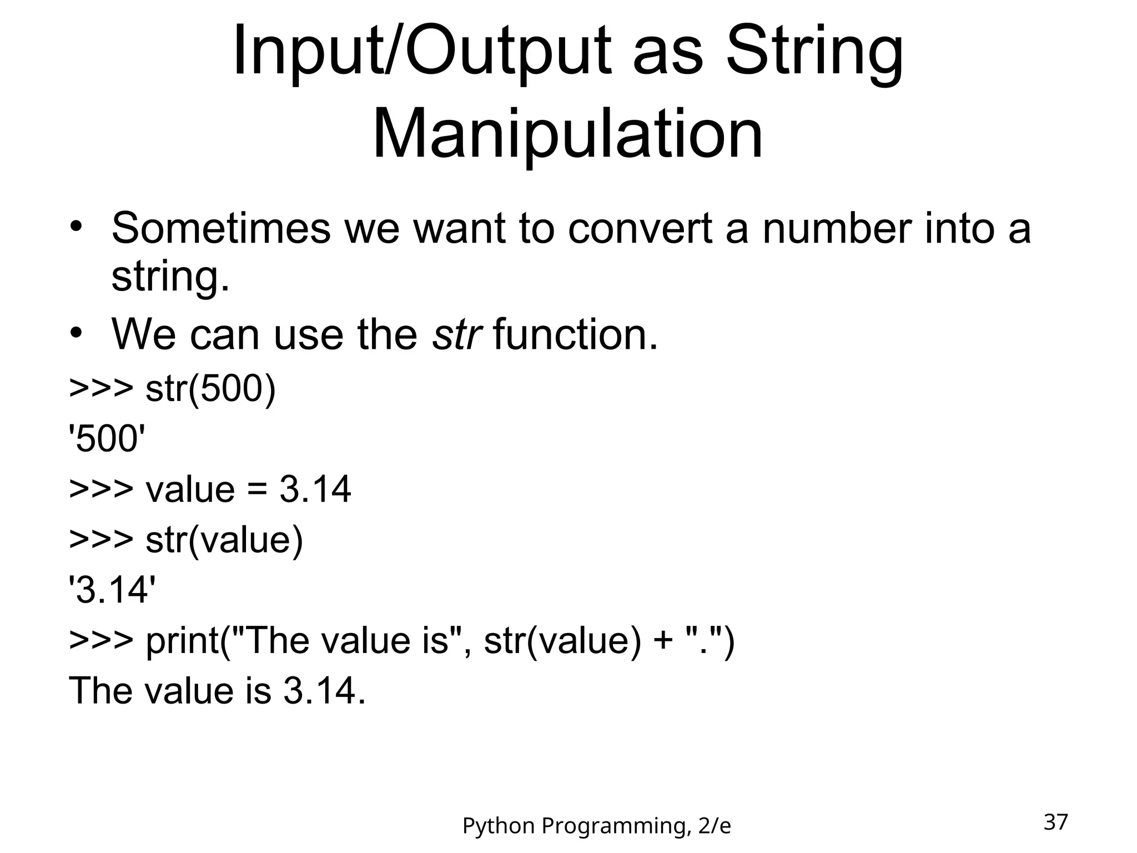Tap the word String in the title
tap(814, 51)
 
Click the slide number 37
tap(1055, 822)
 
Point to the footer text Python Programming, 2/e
tap(596, 826)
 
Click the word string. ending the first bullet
tap(170, 277)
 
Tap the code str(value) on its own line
tap(224, 539)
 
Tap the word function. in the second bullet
tap(575, 335)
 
